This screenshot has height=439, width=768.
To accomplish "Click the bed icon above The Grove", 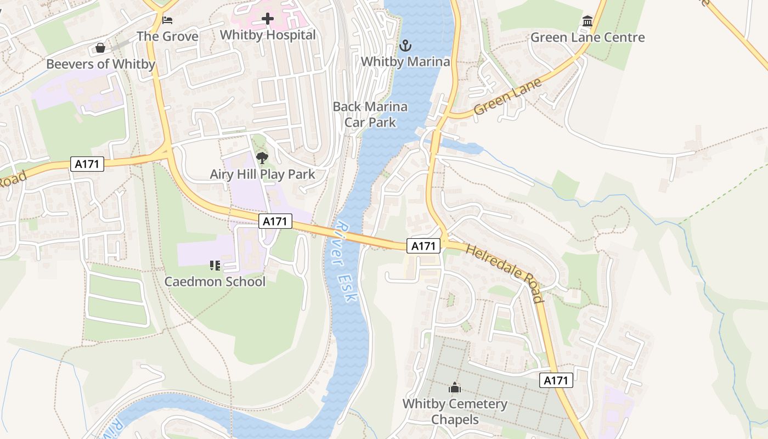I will pos(168,20).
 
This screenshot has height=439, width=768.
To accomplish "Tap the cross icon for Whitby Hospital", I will pos(268,19).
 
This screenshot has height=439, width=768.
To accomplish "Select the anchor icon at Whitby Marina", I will pos(405,46).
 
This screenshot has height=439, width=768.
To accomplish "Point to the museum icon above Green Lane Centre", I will pos(588,21).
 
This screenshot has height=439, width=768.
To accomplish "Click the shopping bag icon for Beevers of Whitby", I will pos(100,48).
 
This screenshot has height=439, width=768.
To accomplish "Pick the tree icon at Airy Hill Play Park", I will pos(262,159).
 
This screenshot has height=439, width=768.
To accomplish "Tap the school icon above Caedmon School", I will pos(214,266).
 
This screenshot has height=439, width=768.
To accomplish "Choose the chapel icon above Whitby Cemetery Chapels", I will pos(454,388).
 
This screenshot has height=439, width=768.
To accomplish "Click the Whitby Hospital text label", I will pos(268,35).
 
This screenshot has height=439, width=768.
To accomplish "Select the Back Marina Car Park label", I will pos(370,114).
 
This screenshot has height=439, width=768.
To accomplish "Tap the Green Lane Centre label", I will pos(588,37).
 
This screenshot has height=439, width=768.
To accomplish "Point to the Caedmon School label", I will pos(215,282).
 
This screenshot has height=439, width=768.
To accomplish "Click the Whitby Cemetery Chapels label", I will pos(455,412).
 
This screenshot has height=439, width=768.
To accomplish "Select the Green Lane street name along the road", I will pos(507,97).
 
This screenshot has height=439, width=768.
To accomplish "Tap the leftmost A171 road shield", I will pos(87,164).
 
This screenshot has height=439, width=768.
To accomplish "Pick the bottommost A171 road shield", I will pos(556,380).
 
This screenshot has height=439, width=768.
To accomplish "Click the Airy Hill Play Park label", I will pos(262,175).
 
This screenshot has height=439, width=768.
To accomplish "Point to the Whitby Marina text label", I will pos(405,61).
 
